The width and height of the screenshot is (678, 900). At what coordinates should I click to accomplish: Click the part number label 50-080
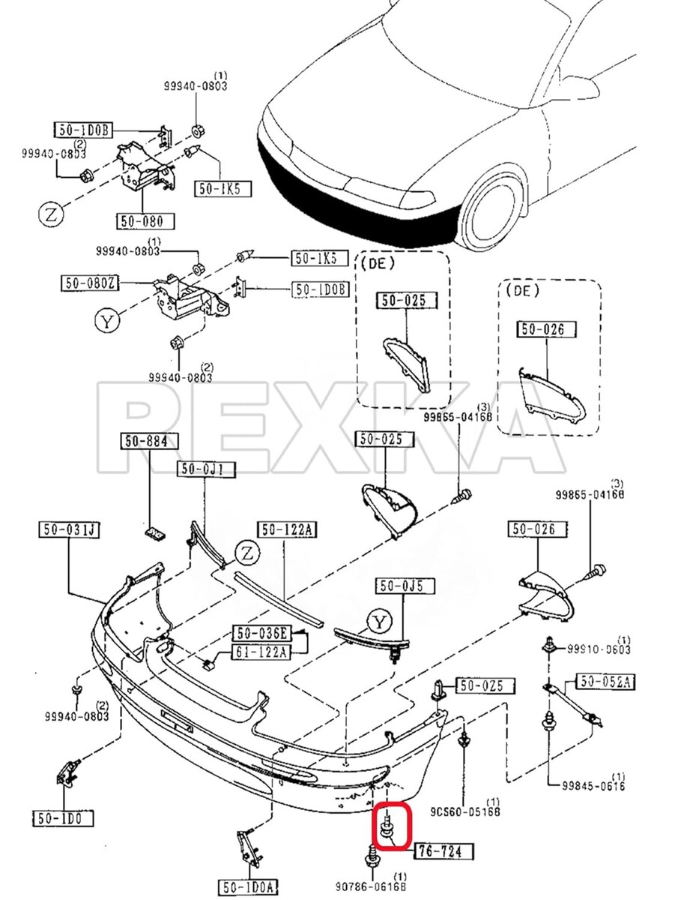coord(145,221)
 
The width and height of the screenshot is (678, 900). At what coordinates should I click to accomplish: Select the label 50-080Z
coord(91,283)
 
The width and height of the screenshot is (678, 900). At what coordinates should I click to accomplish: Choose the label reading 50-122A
coord(288,530)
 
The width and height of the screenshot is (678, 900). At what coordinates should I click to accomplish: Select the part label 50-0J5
coord(402,586)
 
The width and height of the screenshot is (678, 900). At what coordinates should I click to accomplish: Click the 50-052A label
coord(605,682)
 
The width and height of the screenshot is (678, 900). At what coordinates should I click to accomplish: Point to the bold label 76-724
coord(445,851)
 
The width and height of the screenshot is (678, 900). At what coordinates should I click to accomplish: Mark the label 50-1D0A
coord(248,886)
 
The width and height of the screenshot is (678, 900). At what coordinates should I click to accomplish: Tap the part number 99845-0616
coord(593,785)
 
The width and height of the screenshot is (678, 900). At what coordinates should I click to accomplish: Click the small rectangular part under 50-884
coord(156,532)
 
